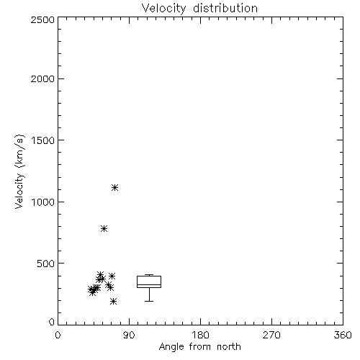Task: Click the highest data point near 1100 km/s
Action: point(115,187)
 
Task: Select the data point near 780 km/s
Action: point(104,228)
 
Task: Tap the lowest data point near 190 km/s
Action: point(114,301)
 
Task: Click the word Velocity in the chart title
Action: point(164,9)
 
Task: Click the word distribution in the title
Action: point(225,8)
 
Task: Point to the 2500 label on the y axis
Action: point(42,19)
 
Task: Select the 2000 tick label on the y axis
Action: point(42,78)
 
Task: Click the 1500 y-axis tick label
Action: point(43,140)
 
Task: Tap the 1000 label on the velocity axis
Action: point(43,202)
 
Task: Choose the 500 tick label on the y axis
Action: point(46,264)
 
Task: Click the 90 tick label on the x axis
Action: point(129,335)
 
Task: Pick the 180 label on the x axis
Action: point(200,335)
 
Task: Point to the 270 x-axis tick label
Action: point(271,335)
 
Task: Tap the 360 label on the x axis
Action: point(343,335)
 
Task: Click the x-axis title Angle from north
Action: point(200,347)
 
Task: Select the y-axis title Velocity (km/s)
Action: point(19,171)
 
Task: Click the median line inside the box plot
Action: point(149,284)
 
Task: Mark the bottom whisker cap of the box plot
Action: point(149,301)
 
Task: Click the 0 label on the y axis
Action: point(52,322)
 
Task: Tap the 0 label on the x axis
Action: point(58,335)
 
